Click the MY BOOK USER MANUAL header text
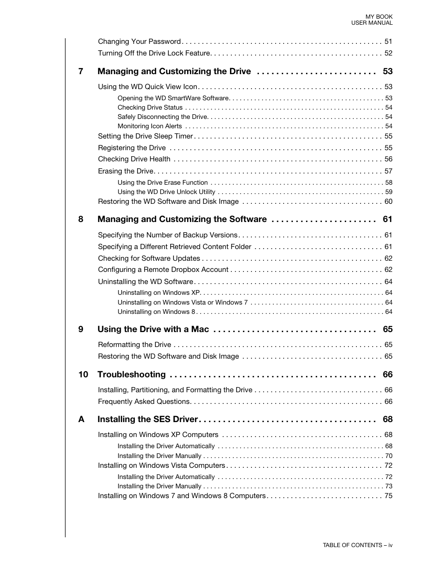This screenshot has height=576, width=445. [372, 20]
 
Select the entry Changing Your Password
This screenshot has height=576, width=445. [139, 42]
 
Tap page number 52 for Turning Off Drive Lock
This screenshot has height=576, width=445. [388, 53]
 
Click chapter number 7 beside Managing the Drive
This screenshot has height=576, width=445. [81, 71]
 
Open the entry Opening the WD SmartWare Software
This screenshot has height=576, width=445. [173, 98]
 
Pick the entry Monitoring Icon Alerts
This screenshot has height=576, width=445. [150, 126]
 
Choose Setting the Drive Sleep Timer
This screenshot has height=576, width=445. [145, 136]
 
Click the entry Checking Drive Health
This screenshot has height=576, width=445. [134, 159]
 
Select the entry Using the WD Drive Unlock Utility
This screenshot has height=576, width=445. [167, 192]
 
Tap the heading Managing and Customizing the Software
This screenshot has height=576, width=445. [182, 219]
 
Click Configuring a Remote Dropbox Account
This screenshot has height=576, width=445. [163, 270]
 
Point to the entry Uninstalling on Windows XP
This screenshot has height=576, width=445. [159, 293]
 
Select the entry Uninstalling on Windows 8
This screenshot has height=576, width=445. [156, 312]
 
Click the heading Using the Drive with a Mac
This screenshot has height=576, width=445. [153, 329]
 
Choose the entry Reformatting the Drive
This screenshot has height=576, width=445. [134, 345]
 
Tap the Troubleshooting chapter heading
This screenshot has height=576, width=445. [132, 375]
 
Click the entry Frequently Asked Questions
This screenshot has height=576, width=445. [144, 402]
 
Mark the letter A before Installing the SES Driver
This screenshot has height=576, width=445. [81, 419]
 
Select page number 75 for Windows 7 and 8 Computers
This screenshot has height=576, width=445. [388, 496]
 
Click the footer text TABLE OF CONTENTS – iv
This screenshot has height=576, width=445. [357, 545]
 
